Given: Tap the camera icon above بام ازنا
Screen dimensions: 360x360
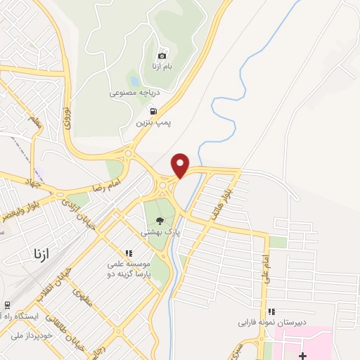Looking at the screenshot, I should pyautogui.click(x=162, y=56).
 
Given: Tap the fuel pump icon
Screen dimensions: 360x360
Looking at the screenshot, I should pyautogui.click(x=153, y=111).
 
